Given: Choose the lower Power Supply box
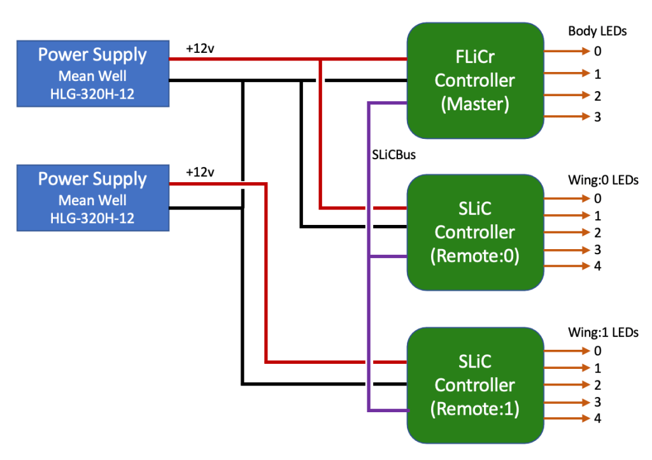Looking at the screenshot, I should (93, 198).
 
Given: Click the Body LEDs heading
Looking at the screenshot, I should (597, 31).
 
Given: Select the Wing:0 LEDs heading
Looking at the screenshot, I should (602, 180).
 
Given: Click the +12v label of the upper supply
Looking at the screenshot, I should (200, 48).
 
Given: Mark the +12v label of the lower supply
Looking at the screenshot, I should (200, 172).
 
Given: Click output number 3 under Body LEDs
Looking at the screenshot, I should (597, 117).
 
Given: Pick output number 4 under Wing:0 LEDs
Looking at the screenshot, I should (597, 266).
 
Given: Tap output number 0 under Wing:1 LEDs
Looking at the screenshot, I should (597, 350).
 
